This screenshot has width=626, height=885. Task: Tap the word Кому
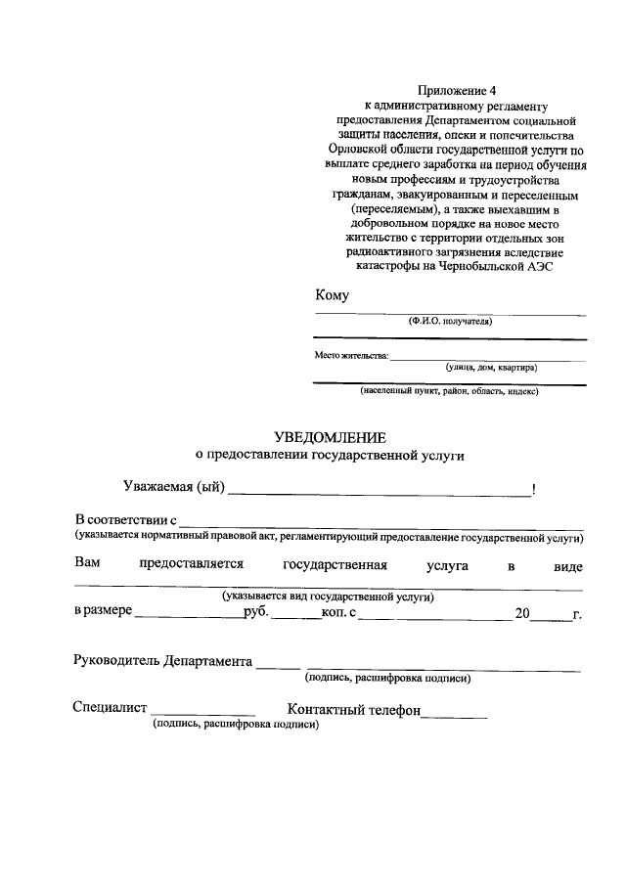point(332,295)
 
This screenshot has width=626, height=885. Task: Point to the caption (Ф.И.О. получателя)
point(450,321)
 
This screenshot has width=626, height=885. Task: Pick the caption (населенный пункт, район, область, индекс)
point(449,392)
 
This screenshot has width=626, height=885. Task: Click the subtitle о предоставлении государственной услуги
point(329,455)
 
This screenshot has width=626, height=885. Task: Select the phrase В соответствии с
point(125,519)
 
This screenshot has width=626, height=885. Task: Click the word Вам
point(87,565)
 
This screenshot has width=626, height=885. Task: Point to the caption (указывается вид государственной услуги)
point(328,596)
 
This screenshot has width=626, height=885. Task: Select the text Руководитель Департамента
point(162,660)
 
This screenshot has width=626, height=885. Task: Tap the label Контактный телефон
point(353,709)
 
